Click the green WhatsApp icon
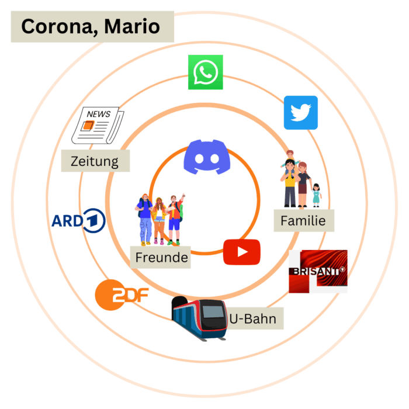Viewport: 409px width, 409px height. click(x=206, y=72)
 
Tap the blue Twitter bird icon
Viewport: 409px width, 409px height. click(x=300, y=112)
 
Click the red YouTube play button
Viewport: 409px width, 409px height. click(x=241, y=252)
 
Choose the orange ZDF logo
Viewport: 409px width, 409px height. click(x=122, y=293)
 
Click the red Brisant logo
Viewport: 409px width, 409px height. click(x=318, y=271)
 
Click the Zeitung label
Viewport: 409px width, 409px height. click(x=95, y=161)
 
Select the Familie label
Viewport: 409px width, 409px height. click(x=304, y=221)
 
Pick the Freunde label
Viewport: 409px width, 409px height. click(x=161, y=257)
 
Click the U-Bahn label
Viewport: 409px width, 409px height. click(x=252, y=318)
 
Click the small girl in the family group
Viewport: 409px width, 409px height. click(x=316, y=194)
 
